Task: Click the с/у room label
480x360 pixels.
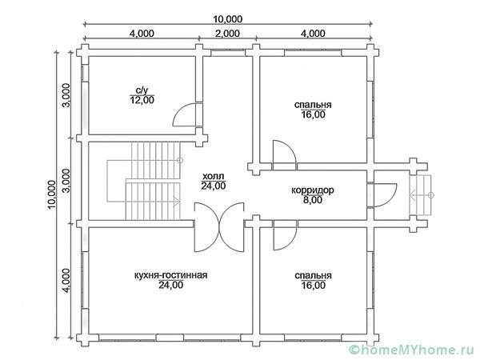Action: [x=142, y=90]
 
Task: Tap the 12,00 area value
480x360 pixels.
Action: [x=142, y=100]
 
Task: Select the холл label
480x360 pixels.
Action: [x=214, y=176]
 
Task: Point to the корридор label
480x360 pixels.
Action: [x=313, y=190]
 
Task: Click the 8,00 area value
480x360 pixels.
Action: [x=313, y=200]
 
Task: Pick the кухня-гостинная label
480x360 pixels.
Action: [x=171, y=275]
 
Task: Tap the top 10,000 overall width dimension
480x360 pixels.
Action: [x=228, y=19]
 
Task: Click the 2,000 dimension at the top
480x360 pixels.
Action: [x=227, y=33]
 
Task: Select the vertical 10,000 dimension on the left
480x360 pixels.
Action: [x=51, y=194]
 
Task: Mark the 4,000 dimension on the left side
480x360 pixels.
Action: [x=66, y=281]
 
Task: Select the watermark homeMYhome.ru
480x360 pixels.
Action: [x=414, y=350]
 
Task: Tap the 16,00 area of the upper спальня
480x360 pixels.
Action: [x=313, y=114]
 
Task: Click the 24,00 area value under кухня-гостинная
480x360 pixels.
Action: [x=171, y=285]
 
